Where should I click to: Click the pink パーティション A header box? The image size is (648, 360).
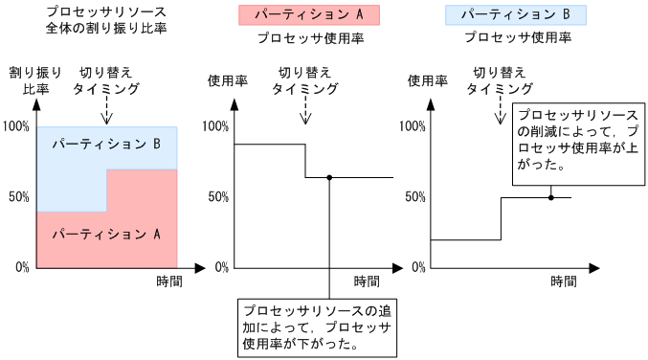tap(308, 15)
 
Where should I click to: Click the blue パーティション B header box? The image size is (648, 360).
tap(516, 15)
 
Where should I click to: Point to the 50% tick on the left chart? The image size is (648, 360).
tap(18, 197)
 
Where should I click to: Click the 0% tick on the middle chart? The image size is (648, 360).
tap(217, 267)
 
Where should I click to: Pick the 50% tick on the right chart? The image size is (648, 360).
tap(414, 197)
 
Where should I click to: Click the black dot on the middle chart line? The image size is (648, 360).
tap(329, 178)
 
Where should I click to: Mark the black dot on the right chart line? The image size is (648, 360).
tap(551, 197)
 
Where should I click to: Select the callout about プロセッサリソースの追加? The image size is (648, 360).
tap(317, 327)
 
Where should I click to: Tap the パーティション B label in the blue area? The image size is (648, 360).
tap(106, 145)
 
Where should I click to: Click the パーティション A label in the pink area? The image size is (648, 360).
tap(106, 233)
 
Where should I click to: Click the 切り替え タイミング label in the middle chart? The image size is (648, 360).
tap(304, 79)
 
